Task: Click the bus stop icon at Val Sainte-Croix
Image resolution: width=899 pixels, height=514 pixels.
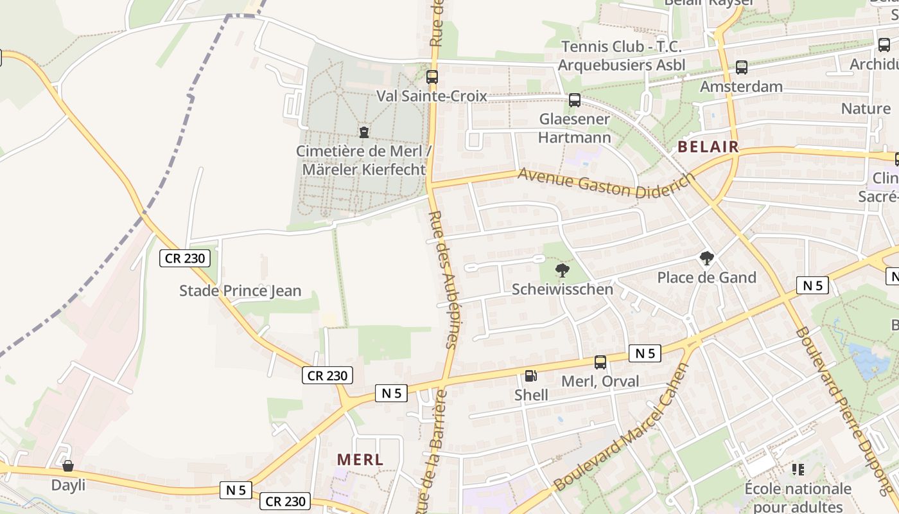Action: (432, 76)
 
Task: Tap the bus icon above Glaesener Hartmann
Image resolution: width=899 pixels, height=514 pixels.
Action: (575, 100)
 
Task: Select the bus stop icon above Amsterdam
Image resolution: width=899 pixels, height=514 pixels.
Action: (742, 67)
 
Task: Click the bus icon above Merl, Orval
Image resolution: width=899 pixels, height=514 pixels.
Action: (600, 362)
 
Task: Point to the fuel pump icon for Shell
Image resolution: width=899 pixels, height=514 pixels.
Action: (531, 376)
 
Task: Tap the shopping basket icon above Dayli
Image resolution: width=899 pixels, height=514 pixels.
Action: (68, 466)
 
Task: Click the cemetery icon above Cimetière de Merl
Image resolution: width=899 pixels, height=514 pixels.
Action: (364, 132)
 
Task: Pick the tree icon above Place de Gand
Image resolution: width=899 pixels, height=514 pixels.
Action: (707, 259)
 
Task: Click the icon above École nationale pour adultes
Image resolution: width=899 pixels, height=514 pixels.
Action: (798, 470)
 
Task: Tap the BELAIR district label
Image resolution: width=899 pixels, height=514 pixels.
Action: (708, 147)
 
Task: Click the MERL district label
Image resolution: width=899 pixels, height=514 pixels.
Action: (360, 460)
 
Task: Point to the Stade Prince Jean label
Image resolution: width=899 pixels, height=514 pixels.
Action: (240, 290)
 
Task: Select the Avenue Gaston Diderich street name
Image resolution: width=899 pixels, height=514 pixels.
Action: (607, 182)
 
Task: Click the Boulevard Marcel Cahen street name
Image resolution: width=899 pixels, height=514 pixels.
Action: (621, 427)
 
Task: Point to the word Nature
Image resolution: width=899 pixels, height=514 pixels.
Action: (866, 109)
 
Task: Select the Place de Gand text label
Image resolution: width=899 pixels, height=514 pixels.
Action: (706, 278)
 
